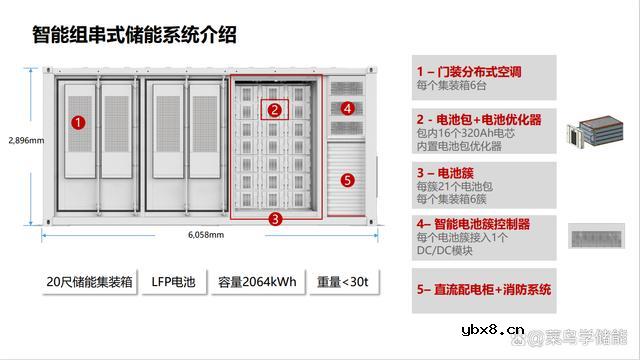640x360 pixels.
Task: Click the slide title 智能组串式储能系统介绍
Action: click(134, 37)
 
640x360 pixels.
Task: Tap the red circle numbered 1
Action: click(79, 124)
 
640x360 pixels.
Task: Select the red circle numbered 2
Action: click(272, 111)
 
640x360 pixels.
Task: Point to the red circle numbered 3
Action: click(273, 215)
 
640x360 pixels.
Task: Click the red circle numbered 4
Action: click(347, 107)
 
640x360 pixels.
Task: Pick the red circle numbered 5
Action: click(347, 181)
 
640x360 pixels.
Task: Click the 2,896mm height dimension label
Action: click(25, 140)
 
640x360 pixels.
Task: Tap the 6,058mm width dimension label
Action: click(206, 236)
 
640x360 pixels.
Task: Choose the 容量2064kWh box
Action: click(257, 282)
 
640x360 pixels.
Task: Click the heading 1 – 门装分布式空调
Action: click(469, 72)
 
